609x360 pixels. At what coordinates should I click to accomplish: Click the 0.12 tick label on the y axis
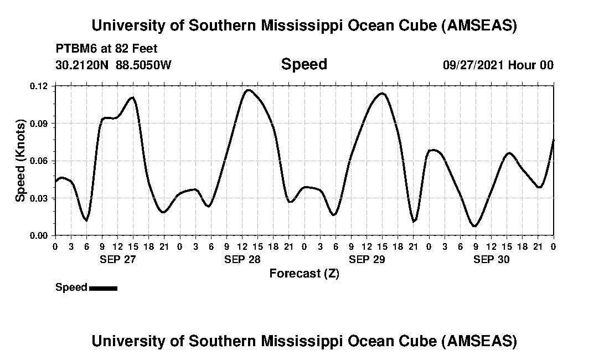40,86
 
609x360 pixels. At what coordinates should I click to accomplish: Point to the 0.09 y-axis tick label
40,124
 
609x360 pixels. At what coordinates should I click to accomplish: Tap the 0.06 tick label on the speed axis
40,161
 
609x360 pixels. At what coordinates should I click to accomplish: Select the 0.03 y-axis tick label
40,198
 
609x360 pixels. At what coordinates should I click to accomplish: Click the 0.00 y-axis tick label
40,235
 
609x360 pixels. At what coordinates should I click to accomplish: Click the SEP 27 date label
117,259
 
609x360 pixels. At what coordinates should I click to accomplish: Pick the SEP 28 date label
242,259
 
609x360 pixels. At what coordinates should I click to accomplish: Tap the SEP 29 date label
367,259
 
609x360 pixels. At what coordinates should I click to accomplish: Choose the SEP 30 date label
492,259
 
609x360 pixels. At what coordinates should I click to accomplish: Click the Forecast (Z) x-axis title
304,274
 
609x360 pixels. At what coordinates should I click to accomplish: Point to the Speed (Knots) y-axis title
20,161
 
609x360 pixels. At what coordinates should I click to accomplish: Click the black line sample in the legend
103,288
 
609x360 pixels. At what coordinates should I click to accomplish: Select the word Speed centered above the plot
304,64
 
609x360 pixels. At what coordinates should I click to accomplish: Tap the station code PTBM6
73,49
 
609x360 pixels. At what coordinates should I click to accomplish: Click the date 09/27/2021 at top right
473,65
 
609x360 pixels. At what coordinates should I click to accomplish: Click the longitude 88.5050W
144,65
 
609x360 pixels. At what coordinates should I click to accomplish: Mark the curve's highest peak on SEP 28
248,90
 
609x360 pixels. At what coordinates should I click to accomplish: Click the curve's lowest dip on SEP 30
474,226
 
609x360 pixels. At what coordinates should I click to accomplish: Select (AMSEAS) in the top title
479,25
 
